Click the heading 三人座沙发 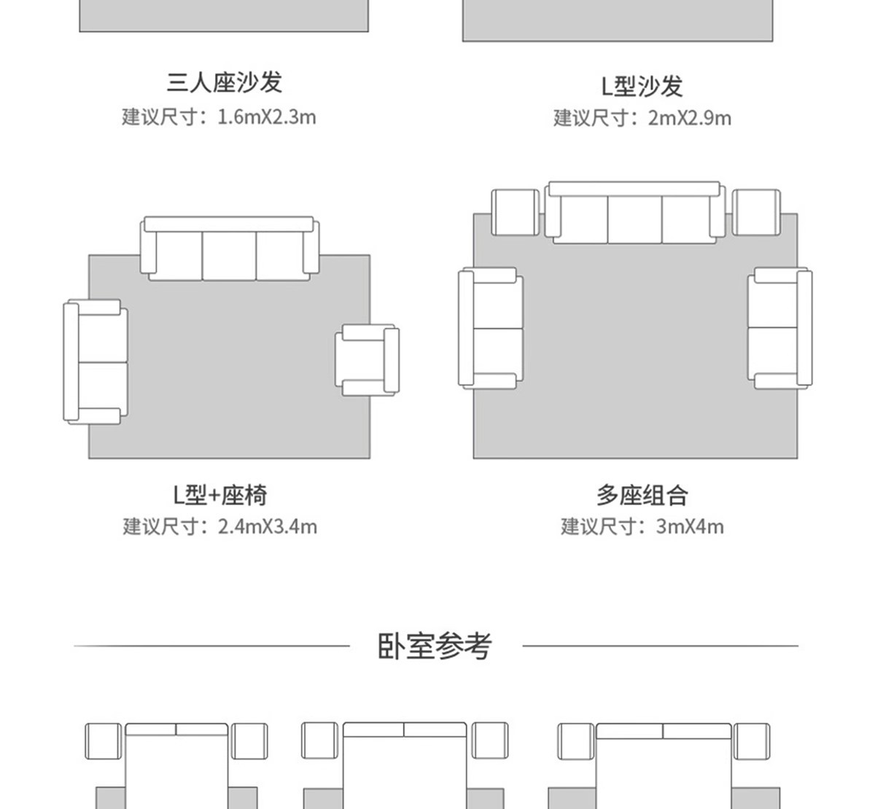tap(224, 82)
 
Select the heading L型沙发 tap(642, 86)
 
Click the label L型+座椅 tap(220, 495)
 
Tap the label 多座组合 tap(642, 496)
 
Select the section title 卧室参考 tap(435, 646)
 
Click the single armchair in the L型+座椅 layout tap(367, 361)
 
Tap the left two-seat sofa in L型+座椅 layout tap(96, 361)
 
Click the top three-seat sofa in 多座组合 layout tap(634, 213)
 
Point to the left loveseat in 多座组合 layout tap(491, 328)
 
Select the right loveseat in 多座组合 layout tap(779, 328)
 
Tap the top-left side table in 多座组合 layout tap(516, 213)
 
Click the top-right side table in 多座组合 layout tap(756, 213)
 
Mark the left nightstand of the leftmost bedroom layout tap(104, 742)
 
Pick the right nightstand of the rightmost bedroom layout tap(752, 742)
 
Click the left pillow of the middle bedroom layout tap(373, 730)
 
